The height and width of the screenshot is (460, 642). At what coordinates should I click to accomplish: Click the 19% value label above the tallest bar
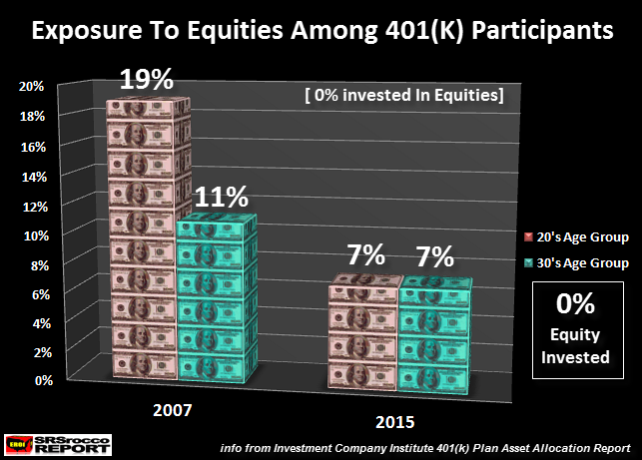147,79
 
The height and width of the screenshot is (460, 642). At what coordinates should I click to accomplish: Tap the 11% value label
222,197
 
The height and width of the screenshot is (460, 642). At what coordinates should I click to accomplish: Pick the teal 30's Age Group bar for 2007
217,298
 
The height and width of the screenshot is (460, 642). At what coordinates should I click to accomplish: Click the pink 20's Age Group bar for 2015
363,331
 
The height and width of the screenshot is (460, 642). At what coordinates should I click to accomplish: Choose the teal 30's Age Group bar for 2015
434,335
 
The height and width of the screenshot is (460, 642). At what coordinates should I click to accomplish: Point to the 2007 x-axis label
173,410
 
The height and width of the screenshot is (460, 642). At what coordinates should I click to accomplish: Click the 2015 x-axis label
395,422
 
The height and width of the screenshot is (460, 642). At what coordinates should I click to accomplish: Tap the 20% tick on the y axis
31,87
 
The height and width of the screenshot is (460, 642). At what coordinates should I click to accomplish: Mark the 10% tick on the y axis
36,236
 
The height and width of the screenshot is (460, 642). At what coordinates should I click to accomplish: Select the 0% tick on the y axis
44,380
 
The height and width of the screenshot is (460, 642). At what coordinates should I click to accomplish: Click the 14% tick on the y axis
34,178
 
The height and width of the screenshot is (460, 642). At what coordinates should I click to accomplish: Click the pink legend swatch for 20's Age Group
528,236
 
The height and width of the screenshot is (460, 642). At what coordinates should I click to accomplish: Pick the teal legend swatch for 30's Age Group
528,262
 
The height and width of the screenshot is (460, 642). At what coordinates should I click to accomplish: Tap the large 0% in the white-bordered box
575,303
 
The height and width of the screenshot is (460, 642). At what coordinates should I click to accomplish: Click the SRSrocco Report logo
58,445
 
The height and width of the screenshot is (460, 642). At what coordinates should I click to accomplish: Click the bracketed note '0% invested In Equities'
404,95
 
